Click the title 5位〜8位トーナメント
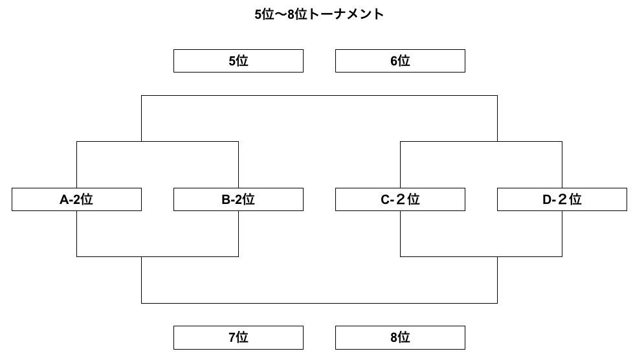click(x=319, y=14)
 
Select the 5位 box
click(x=238, y=61)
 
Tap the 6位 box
click(x=400, y=61)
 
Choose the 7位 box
click(x=238, y=337)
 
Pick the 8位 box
click(x=400, y=337)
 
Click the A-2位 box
click(x=77, y=199)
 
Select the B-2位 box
click(x=238, y=199)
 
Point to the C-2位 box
click(x=400, y=199)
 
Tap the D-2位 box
click(x=562, y=199)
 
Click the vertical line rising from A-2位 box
click(x=77, y=165)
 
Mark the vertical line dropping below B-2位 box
click(x=239, y=234)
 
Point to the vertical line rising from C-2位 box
click(x=400, y=165)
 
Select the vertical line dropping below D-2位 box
click(x=562, y=234)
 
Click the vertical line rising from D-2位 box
click(x=562, y=165)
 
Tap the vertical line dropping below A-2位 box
click(x=77, y=234)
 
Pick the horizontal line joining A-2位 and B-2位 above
click(x=157, y=141)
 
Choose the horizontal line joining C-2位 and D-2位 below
click(x=481, y=256)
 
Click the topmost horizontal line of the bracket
click(x=319, y=96)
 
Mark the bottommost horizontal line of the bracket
click(x=319, y=303)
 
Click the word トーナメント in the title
click(x=346, y=14)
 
